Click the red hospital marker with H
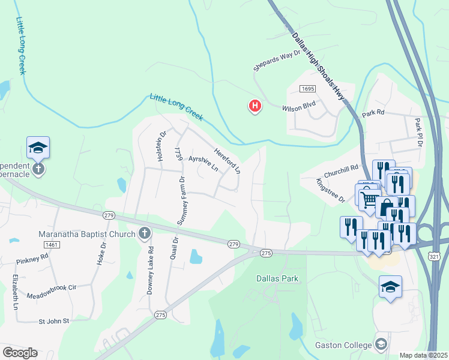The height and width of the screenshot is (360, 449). pos(255,107)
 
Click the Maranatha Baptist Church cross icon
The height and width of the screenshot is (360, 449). pos(144,233)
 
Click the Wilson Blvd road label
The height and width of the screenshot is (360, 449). pos(298,109)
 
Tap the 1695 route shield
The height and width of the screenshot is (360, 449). pos(307,89)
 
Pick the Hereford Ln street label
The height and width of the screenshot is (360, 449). pos(228,161)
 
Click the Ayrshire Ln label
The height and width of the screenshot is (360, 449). pos(203,164)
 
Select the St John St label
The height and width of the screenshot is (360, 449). pos(54,321)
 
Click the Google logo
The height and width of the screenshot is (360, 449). pos(20,353)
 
